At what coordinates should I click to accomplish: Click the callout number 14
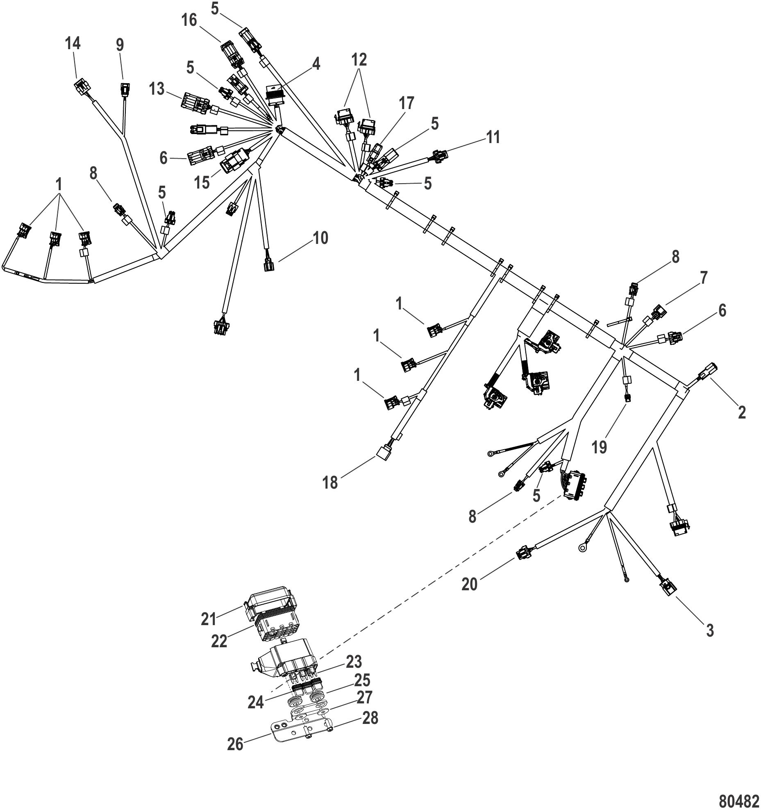73,43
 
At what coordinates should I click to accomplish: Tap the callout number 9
120,45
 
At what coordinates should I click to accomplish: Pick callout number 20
470,584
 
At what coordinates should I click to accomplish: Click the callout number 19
599,447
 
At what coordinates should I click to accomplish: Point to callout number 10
320,238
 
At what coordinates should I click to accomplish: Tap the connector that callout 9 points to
125,89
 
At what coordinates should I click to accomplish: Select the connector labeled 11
438,156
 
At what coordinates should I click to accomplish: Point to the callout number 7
704,278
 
